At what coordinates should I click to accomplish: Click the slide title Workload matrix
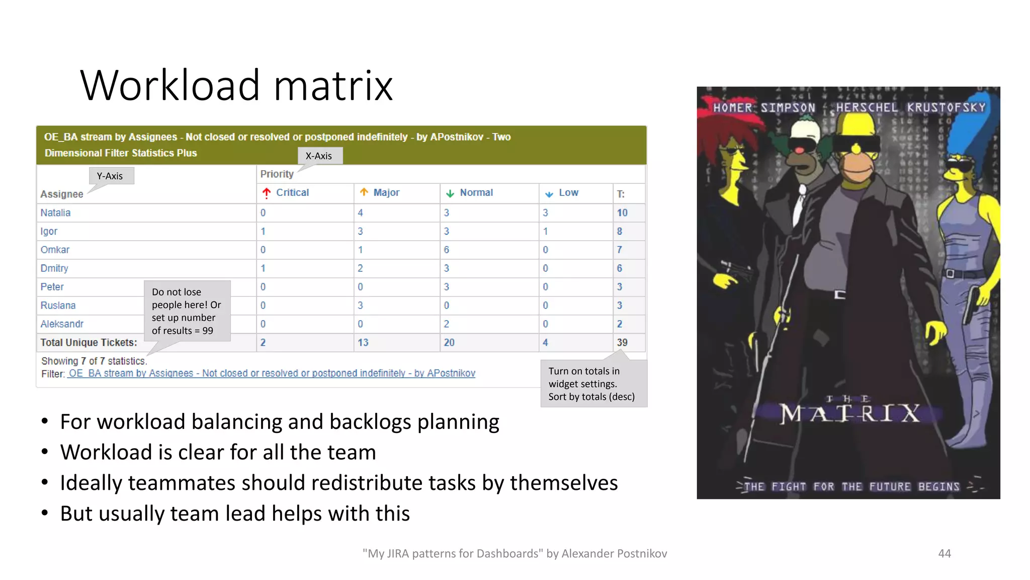236,86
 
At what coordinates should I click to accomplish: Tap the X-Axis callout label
319,156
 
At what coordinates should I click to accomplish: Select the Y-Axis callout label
110,176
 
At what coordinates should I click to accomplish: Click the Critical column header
292,193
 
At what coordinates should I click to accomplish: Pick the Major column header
386,193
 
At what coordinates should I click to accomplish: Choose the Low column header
568,193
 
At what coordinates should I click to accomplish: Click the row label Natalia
56,213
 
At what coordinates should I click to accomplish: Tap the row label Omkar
55,250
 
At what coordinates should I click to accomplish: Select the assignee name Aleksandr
62,324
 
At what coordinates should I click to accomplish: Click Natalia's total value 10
622,213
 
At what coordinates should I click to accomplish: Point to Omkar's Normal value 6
447,250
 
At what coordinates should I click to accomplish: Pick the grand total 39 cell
622,343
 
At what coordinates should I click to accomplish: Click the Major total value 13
363,343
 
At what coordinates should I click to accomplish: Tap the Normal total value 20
449,343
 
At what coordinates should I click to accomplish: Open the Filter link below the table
272,374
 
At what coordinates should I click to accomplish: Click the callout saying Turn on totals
592,384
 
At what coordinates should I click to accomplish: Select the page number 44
945,554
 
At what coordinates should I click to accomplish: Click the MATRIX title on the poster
849,414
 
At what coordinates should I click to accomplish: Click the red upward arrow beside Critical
267,193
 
